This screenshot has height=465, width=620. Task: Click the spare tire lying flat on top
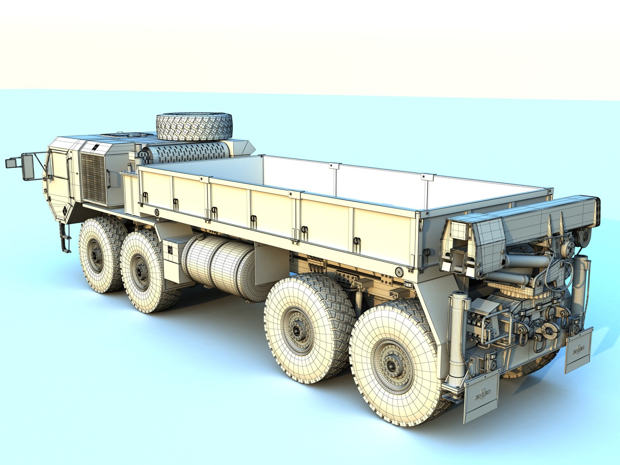pyautogui.click(x=194, y=126)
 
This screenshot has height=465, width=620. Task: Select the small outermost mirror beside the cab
pyautogui.click(x=10, y=163)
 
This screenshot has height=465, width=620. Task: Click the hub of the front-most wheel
pyautogui.click(x=95, y=256)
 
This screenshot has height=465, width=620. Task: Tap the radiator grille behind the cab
pyautogui.click(x=93, y=178)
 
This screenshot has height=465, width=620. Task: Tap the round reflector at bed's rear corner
pyautogui.click(x=399, y=271)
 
